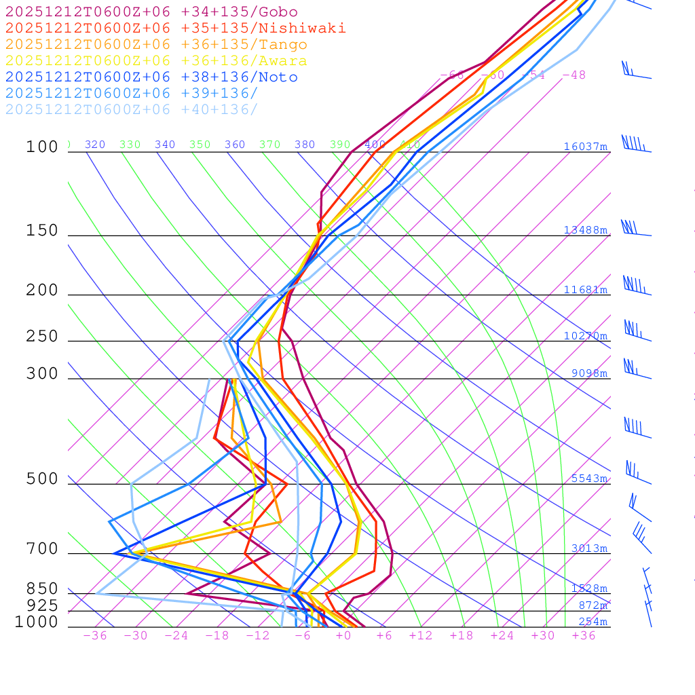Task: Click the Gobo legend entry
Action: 151,12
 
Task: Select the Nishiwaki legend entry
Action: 175,29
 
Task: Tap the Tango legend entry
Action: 156,45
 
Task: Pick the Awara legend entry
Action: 156,61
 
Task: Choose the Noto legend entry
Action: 151,77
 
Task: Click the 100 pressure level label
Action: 42,147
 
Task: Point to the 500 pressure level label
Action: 42,479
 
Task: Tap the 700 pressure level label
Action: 42,548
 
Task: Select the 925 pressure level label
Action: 42,605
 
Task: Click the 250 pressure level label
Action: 42,337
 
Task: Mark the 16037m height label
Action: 586,147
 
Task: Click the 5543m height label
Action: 589,478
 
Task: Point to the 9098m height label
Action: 589,373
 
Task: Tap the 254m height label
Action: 593,622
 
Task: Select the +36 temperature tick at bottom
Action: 584,636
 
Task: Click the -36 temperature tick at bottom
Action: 95,636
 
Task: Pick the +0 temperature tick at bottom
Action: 343,636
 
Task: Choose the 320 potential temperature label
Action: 95,145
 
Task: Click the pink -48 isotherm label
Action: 574,75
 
